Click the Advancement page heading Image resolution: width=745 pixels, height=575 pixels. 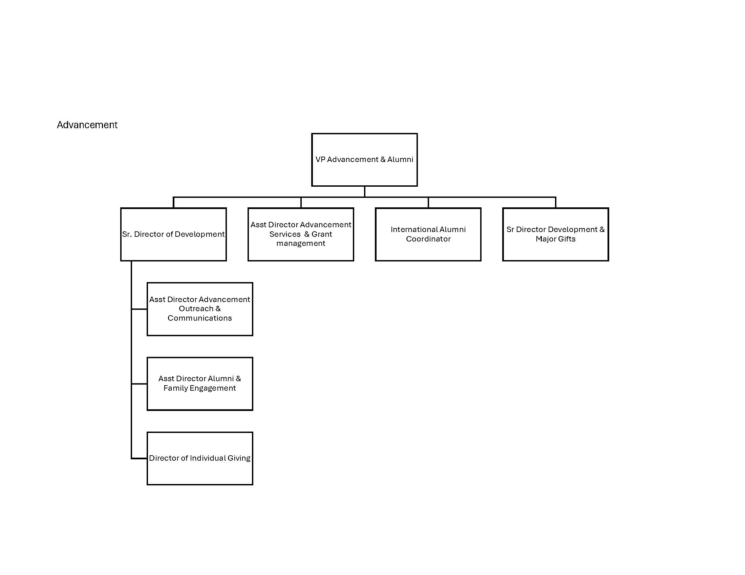click(x=87, y=125)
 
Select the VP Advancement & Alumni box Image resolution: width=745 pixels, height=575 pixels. click(x=364, y=160)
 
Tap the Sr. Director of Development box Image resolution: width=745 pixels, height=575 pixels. click(x=173, y=234)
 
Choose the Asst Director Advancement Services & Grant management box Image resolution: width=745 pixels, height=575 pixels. click(x=301, y=234)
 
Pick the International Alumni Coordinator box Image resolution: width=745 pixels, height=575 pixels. click(x=428, y=234)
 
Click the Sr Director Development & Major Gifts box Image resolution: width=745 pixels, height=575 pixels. click(x=556, y=234)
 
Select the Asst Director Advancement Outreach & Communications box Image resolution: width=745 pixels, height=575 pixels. click(x=200, y=309)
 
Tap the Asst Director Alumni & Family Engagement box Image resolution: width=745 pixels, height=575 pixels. click(x=200, y=384)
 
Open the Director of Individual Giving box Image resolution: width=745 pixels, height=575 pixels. click(x=200, y=459)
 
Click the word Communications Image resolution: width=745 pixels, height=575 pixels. click(x=199, y=318)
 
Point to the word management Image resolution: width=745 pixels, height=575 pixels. click(x=301, y=244)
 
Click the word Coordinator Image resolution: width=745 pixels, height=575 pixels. click(x=428, y=239)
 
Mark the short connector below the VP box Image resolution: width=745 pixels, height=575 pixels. click(x=364, y=191)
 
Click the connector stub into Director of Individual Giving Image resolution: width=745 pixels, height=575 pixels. click(x=139, y=459)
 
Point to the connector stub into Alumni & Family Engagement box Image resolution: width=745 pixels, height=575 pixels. click(x=139, y=384)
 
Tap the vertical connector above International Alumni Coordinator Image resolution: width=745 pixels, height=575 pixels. click(x=428, y=202)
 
